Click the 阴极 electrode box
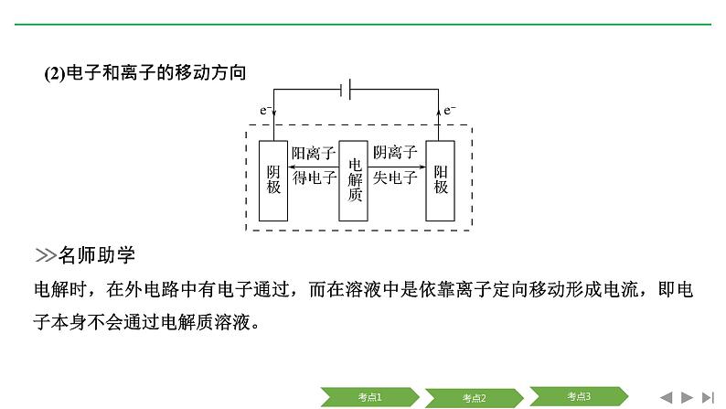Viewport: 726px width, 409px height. tap(273, 180)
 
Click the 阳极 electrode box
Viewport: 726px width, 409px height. tap(441, 180)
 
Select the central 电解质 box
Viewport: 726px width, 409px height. tap(355, 180)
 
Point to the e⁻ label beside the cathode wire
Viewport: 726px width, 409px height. tap(265, 111)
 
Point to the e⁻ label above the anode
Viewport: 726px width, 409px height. tap(449, 111)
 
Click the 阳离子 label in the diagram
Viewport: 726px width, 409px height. tap(314, 153)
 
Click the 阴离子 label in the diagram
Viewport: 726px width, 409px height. tap(396, 153)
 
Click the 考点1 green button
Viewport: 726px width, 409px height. tap(369, 396)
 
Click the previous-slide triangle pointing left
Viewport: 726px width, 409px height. tap(667, 396)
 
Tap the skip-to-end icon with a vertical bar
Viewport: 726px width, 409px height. tap(707, 396)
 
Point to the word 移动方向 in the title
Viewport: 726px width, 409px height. tap(214, 73)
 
